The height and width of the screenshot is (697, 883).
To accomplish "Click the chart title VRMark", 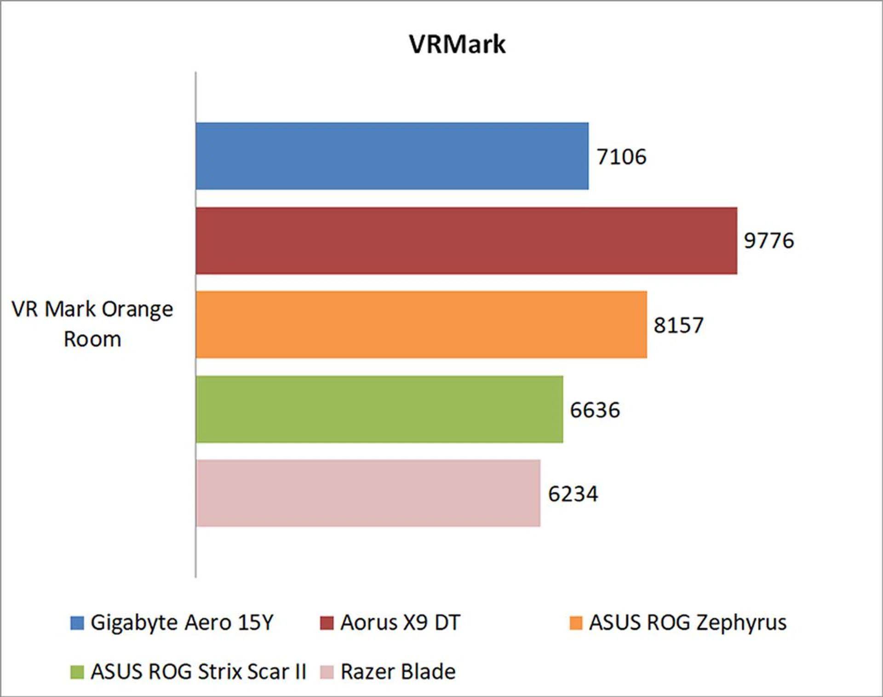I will pyautogui.click(x=457, y=45).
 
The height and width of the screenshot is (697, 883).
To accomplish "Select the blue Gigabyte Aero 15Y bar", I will pyautogui.click(x=392, y=156).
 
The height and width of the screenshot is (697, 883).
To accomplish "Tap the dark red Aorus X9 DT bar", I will pyautogui.click(x=466, y=241).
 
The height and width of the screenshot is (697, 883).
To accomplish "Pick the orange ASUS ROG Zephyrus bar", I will pyautogui.click(x=421, y=324).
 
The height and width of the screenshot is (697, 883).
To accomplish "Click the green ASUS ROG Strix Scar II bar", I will pyautogui.click(x=379, y=409).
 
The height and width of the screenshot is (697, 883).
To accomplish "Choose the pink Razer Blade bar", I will pyautogui.click(x=368, y=493).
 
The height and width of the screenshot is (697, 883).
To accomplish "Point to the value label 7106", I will pyautogui.click(x=621, y=157).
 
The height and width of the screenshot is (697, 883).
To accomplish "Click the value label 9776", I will pyautogui.click(x=769, y=241).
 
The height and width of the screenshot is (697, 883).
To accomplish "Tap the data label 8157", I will pyautogui.click(x=678, y=325).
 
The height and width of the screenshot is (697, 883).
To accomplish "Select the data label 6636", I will pyautogui.click(x=595, y=410).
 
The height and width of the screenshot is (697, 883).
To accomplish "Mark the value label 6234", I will pyautogui.click(x=573, y=494).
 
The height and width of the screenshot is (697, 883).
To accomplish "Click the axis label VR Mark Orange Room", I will pyautogui.click(x=92, y=324).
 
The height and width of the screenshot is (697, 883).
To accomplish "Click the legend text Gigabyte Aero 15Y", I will pyautogui.click(x=182, y=622).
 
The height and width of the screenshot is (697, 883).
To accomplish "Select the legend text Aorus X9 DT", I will pyautogui.click(x=400, y=622).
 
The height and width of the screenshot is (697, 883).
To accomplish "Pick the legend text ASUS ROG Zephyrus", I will pyautogui.click(x=688, y=622).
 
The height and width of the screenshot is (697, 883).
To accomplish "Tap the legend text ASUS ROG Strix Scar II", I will pyautogui.click(x=198, y=672).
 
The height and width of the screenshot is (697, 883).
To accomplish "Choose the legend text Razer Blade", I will pyautogui.click(x=398, y=672).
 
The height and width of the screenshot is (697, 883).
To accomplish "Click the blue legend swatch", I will pyautogui.click(x=77, y=623).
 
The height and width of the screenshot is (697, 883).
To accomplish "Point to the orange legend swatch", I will pyautogui.click(x=576, y=623).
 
